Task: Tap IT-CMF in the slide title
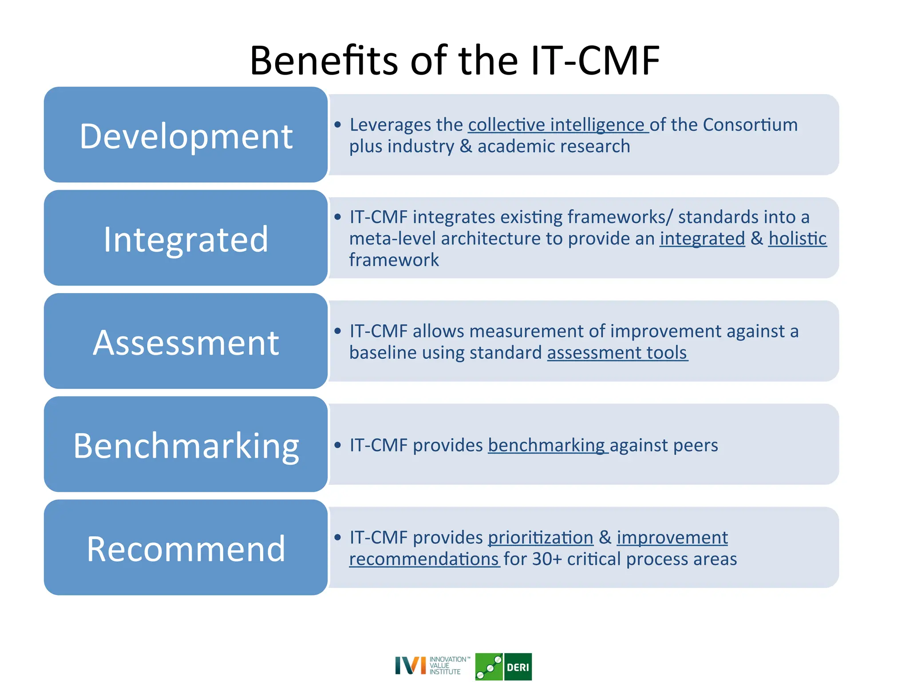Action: [x=595, y=61]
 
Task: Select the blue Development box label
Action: [x=186, y=136]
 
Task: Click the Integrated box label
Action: [x=186, y=239]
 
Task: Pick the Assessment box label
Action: [x=186, y=343]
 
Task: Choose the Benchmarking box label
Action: [x=186, y=446]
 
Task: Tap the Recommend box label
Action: [x=186, y=549]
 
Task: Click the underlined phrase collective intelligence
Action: [x=557, y=125]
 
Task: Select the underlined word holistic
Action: [x=798, y=239]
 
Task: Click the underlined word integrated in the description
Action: [x=702, y=239]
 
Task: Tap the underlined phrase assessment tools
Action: [x=617, y=353]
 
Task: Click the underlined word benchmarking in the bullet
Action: [x=547, y=445]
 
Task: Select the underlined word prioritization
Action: [x=540, y=538]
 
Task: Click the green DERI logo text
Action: [x=518, y=667]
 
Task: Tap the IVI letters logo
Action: [x=410, y=666]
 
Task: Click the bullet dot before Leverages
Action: [x=338, y=125]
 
